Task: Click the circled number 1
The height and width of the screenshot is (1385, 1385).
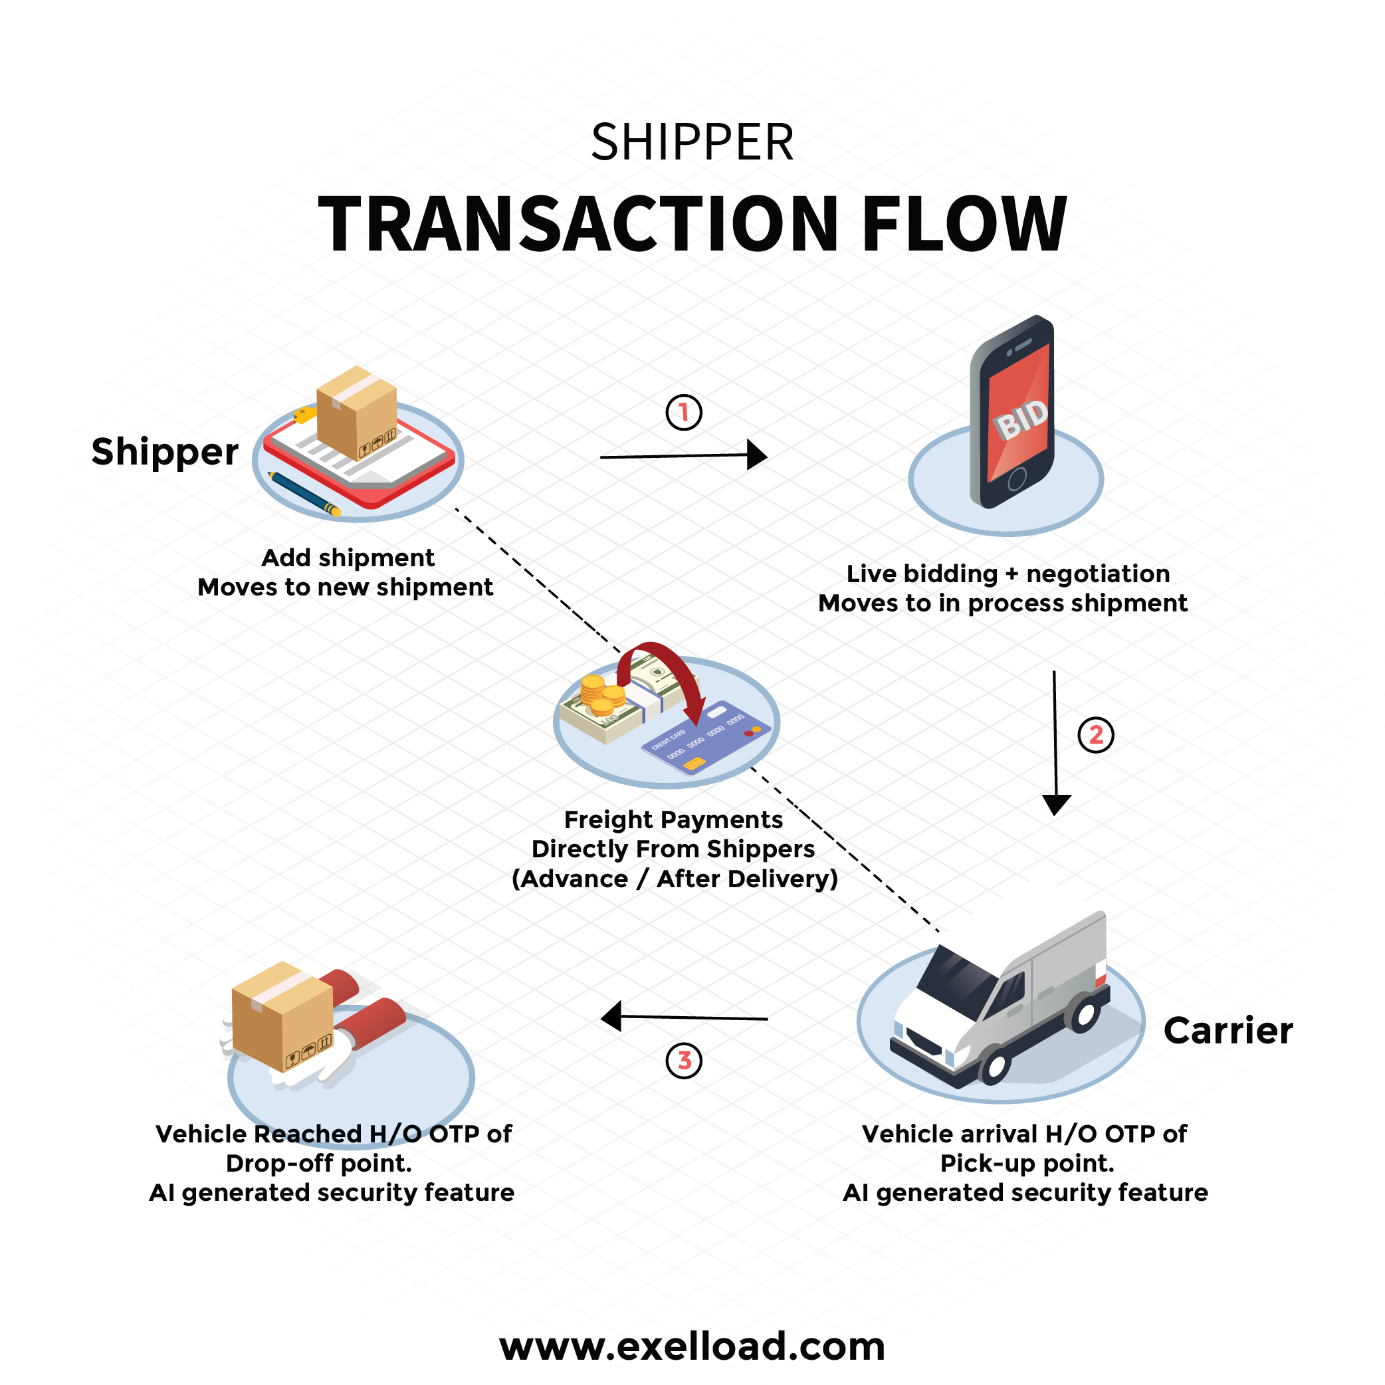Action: (684, 412)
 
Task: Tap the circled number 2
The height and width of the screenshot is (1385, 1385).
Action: (1096, 735)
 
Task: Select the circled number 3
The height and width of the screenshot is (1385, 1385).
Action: (684, 1060)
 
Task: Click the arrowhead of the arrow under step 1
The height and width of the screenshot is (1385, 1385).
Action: (756, 455)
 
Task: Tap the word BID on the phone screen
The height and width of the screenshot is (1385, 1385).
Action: (1021, 419)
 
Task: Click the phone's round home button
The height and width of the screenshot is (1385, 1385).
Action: (1017, 479)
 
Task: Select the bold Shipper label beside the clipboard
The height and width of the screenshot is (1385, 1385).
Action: (165, 452)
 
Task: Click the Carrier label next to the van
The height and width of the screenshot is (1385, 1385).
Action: (1228, 1031)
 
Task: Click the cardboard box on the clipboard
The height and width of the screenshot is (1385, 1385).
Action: (356, 411)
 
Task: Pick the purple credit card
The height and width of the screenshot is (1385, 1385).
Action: (706, 738)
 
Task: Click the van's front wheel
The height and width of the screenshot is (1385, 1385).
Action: (995, 1065)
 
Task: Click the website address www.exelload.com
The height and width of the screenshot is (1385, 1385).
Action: (692, 1346)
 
